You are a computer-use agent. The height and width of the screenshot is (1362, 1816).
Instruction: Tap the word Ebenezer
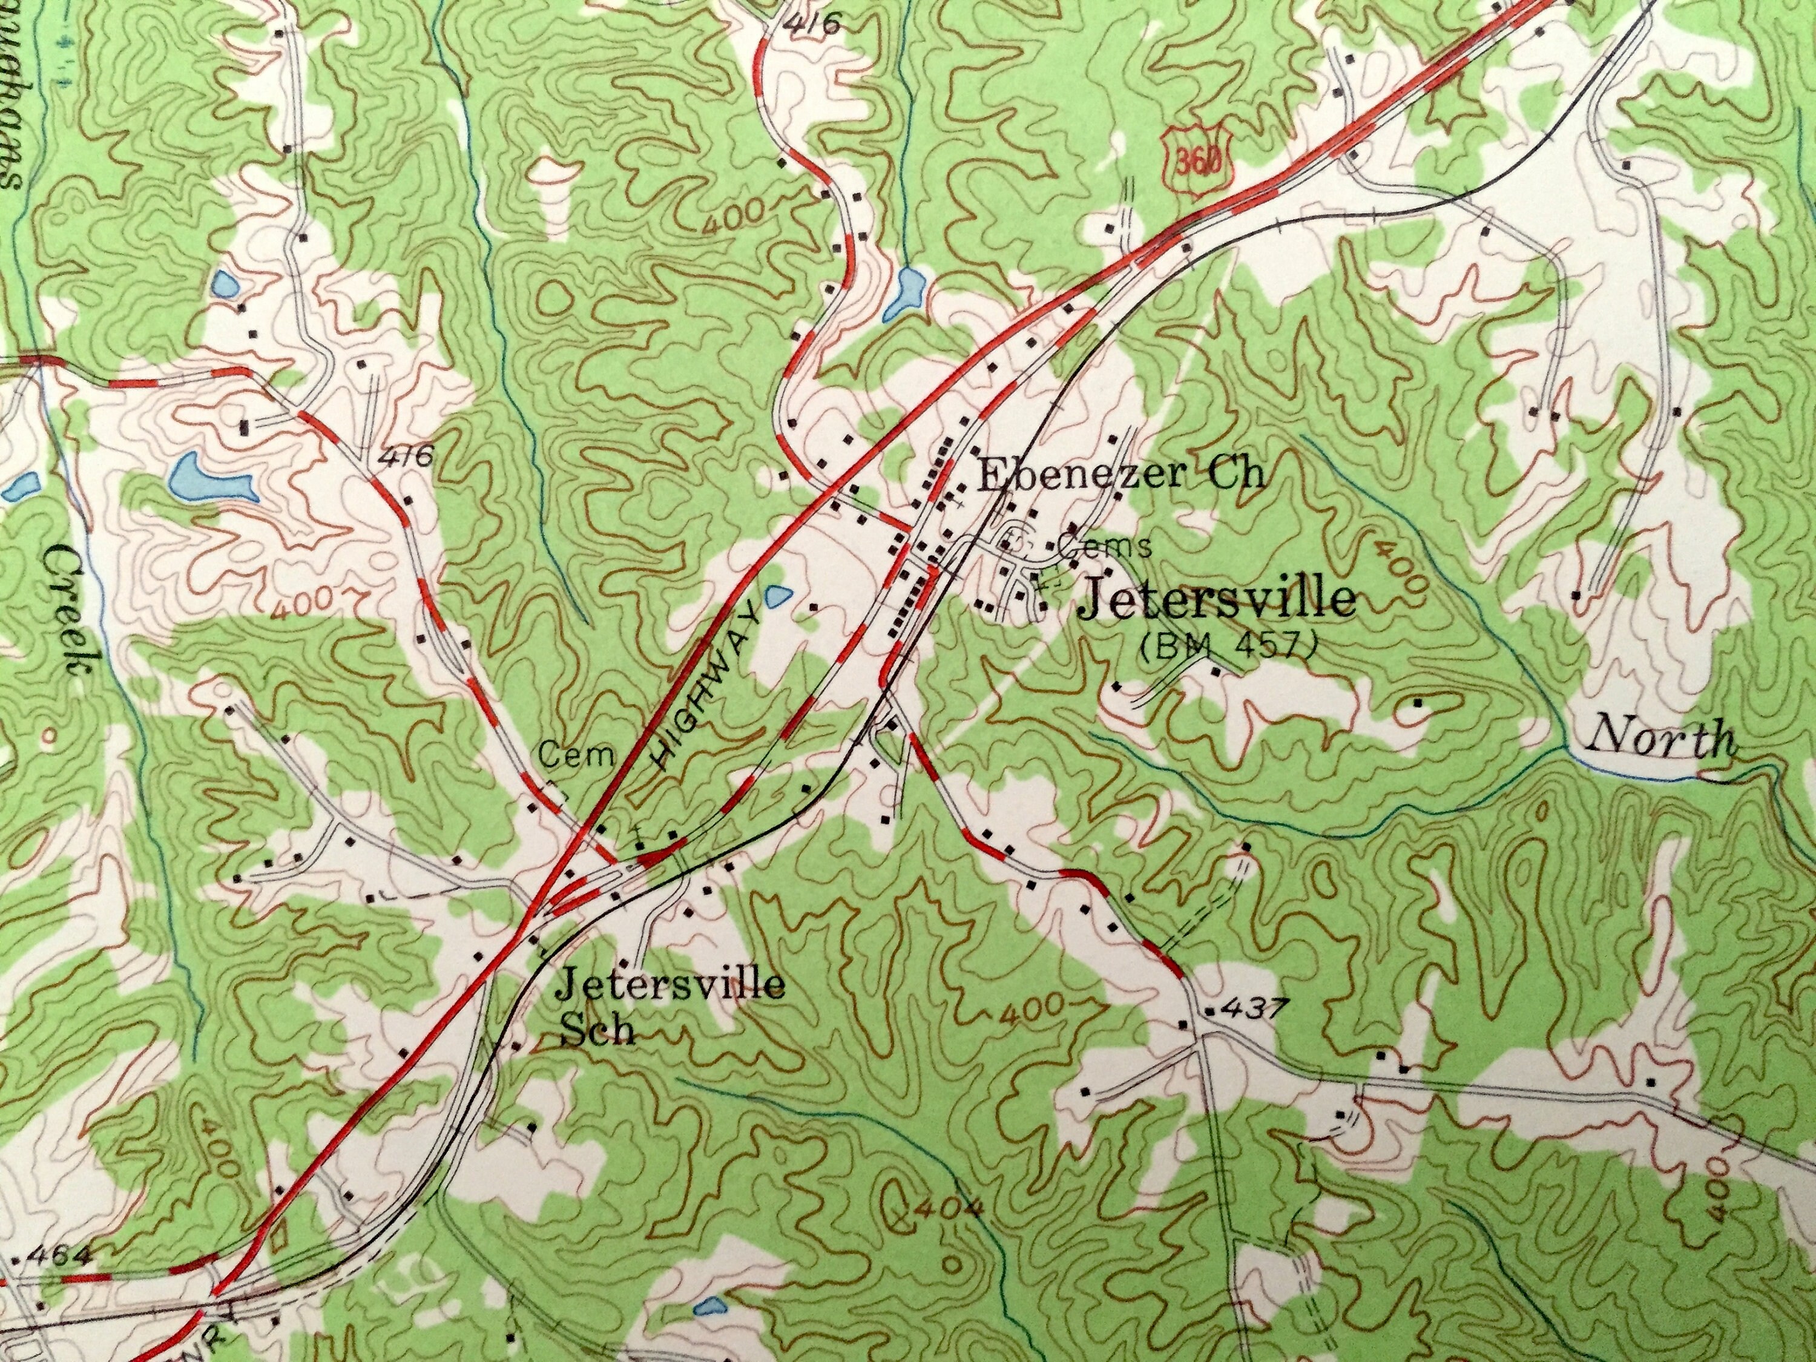pos(1083,475)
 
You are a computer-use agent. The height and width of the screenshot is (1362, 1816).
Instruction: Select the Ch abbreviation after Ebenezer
pos(1238,475)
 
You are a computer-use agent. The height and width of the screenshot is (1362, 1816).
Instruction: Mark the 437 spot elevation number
pos(1245,1009)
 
